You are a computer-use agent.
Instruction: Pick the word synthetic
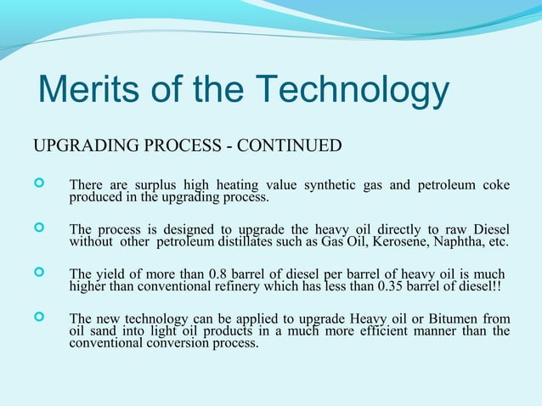click(x=326, y=185)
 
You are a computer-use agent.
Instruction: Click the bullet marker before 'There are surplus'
click(x=37, y=184)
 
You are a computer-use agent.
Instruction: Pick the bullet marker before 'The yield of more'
click(x=37, y=273)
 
